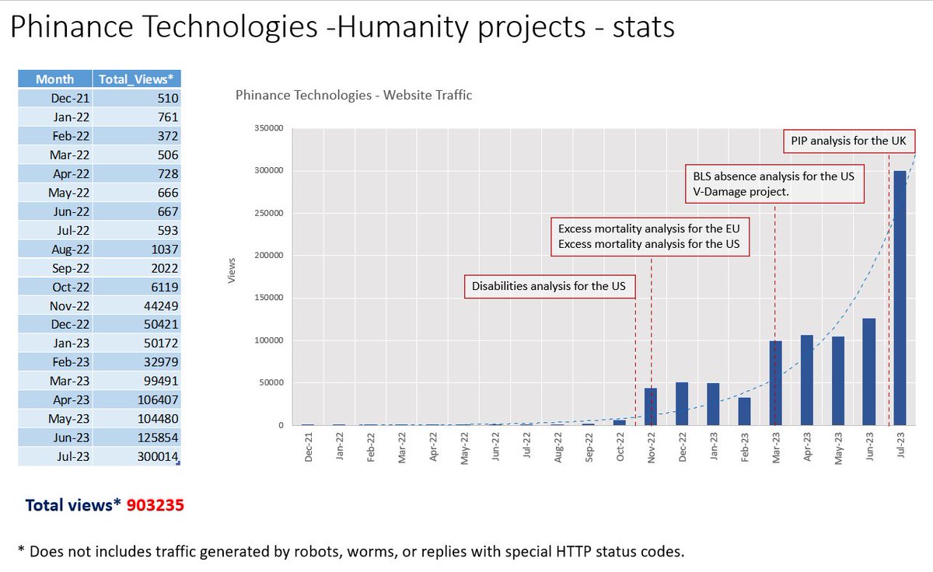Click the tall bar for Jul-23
[x=900, y=298]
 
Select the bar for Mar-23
[x=775, y=383]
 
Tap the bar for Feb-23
[x=744, y=411]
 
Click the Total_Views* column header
[x=138, y=78]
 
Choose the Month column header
[x=54, y=78]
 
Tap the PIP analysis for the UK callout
[x=848, y=141]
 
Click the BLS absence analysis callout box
[x=774, y=183]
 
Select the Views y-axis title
[x=231, y=276]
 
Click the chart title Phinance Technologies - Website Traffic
[x=353, y=96]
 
